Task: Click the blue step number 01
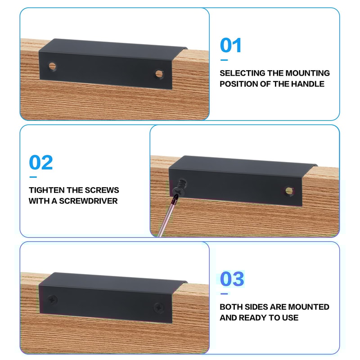[x=230, y=45]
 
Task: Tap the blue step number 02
[x=41, y=162]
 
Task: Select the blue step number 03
[x=232, y=279]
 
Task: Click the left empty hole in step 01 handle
[x=52, y=66]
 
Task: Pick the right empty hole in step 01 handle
[x=159, y=74]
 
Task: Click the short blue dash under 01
[x=224, y=60]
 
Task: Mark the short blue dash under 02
[x=33, y=177]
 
